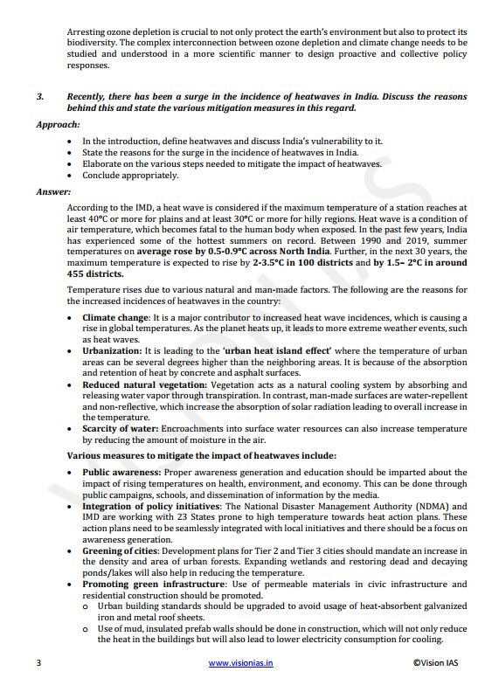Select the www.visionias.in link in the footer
point(241,664)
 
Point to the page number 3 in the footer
point(38,664)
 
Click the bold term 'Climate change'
point(115,318)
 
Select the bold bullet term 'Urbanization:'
point(112,349)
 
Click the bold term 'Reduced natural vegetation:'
point(144,384)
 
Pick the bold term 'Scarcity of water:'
point(119,429)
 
